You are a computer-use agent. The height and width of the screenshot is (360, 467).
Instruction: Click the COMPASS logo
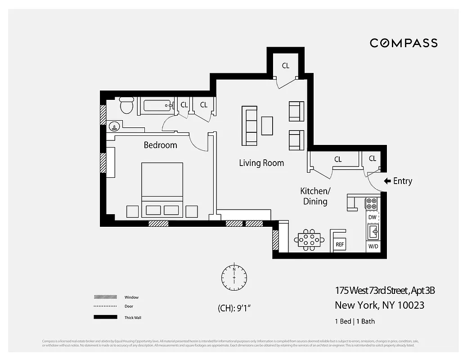coord(404,43)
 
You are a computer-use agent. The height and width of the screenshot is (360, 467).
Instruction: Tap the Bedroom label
coord(160,145)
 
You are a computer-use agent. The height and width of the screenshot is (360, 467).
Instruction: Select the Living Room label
coord(261,163)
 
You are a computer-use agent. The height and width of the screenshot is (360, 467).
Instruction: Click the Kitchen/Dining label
coord(315,196)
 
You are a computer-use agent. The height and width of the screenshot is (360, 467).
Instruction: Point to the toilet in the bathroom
coord(126,106)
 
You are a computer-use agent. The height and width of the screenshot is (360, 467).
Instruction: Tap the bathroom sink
coord(114,126)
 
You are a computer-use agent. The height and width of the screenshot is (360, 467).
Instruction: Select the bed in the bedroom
coord(162,189)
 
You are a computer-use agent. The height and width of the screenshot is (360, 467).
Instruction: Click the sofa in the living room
coord(250,126)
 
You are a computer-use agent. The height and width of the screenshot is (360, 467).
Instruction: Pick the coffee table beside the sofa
coord(267,126)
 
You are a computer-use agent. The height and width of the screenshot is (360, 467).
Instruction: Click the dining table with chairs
coord(309,239)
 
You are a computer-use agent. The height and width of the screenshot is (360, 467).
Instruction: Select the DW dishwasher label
coord(373,217)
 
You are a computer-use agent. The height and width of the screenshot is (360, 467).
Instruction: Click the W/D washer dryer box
coord(373,247)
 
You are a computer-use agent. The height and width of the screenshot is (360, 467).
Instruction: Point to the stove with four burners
coord(372,203)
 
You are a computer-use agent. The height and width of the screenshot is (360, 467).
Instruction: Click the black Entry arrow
coord(387,181)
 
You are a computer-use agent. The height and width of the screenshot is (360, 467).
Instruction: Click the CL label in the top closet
coord(286,66)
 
